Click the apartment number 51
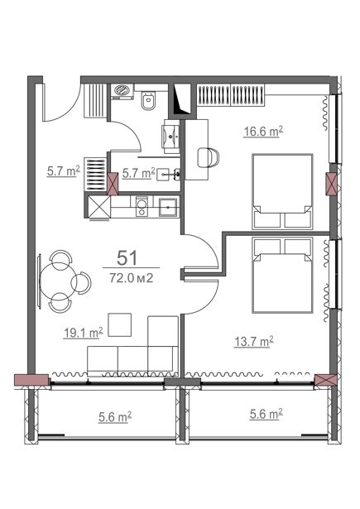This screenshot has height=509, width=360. [x=127, y=257]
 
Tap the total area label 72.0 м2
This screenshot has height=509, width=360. [x=131, y=278]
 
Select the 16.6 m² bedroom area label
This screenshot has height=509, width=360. [x=263, y=132]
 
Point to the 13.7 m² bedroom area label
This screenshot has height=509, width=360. [x=253, y=342]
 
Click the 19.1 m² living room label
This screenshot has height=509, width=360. [x=83, y=333]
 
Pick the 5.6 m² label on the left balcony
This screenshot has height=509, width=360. [x=115, y=417]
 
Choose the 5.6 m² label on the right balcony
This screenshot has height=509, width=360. [x=266, y=414]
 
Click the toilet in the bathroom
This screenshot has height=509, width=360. [x=149, y=100]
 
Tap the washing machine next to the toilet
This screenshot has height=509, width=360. [x=122, y=92]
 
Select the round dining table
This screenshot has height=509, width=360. [x=57, y=281]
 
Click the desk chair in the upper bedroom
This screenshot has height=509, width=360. [x=208, y=157]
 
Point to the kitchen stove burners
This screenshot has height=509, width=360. [x=142, y=206]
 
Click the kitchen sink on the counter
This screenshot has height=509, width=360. [x=168, y=208]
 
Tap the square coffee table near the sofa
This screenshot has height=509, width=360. [x=120, y=324]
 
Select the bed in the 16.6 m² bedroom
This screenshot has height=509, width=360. [x=282, y=191]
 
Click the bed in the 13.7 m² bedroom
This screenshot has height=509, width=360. [x=282, y=276]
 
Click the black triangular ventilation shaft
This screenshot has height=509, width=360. [x=182, y=99]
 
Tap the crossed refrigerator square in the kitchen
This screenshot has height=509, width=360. [x=99, y=207]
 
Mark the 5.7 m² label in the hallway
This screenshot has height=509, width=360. [x=63, y=171]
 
